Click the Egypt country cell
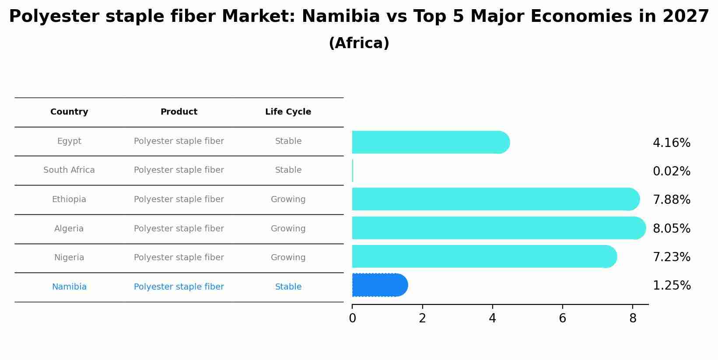click(x=69, y=141)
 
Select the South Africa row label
click(x=69, y=170)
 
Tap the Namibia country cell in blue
click(x=69, y=287)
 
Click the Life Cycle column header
click(x=288, y=112)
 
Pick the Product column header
click(x=179, y=112)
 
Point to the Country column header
click(x=69, y=112)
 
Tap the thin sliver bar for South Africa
click(x=353, y=171)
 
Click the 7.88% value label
click(x=671, y=200)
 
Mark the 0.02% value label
click(x=671, y=171)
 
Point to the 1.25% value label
click(x=671, y=286)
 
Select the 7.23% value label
click(x=671, y=257)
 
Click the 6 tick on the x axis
click(x=562, y=318)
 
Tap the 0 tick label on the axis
click(x=352, y=318)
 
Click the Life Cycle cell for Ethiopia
click(x=288, y=199)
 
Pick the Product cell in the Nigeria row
click(x=179, y=258)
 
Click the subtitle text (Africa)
click(x=359, y=43)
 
